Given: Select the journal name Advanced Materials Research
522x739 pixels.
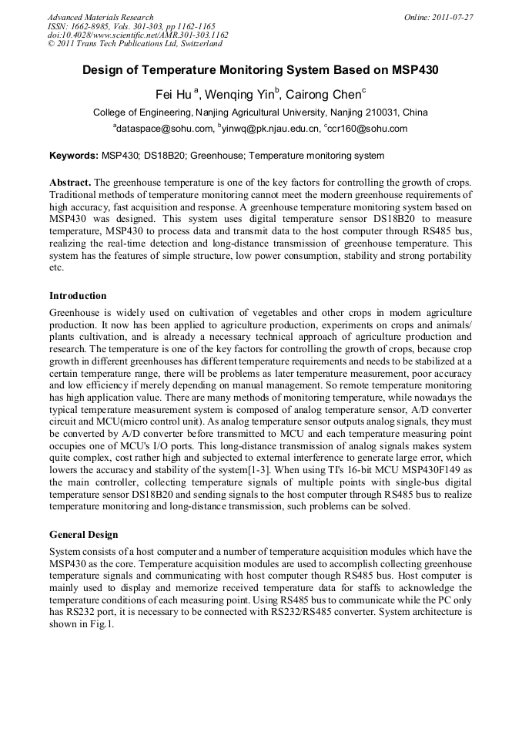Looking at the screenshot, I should click(x=101, y=16).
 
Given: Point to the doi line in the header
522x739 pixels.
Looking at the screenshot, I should click(x=138, y=35).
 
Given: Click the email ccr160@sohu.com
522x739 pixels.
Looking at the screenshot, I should click(x=367, y=129).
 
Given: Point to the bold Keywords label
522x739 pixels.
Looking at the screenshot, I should click(x=73, y=156).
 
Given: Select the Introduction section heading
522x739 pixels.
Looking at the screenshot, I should click(x=78, y=296).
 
